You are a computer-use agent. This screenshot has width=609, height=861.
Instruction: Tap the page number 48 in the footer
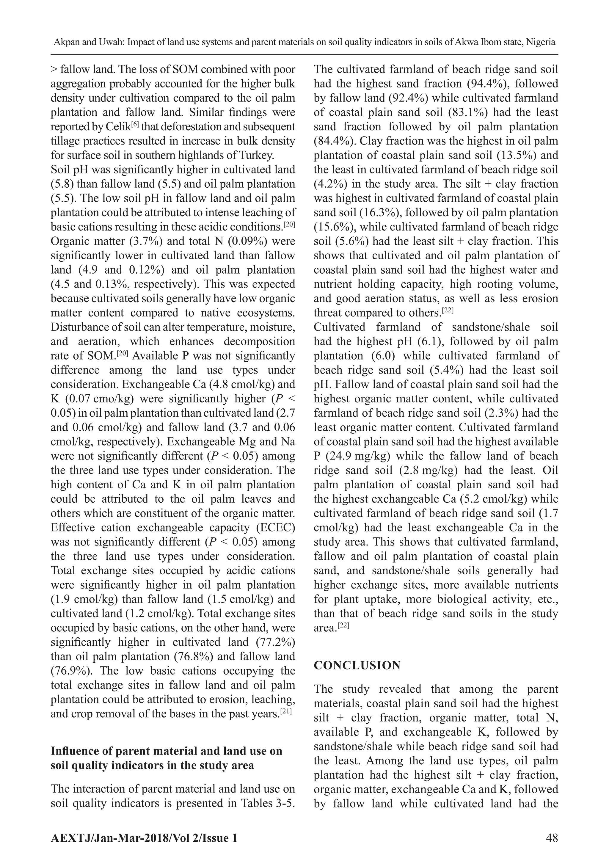pyautogui.click(x=552, y=838)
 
